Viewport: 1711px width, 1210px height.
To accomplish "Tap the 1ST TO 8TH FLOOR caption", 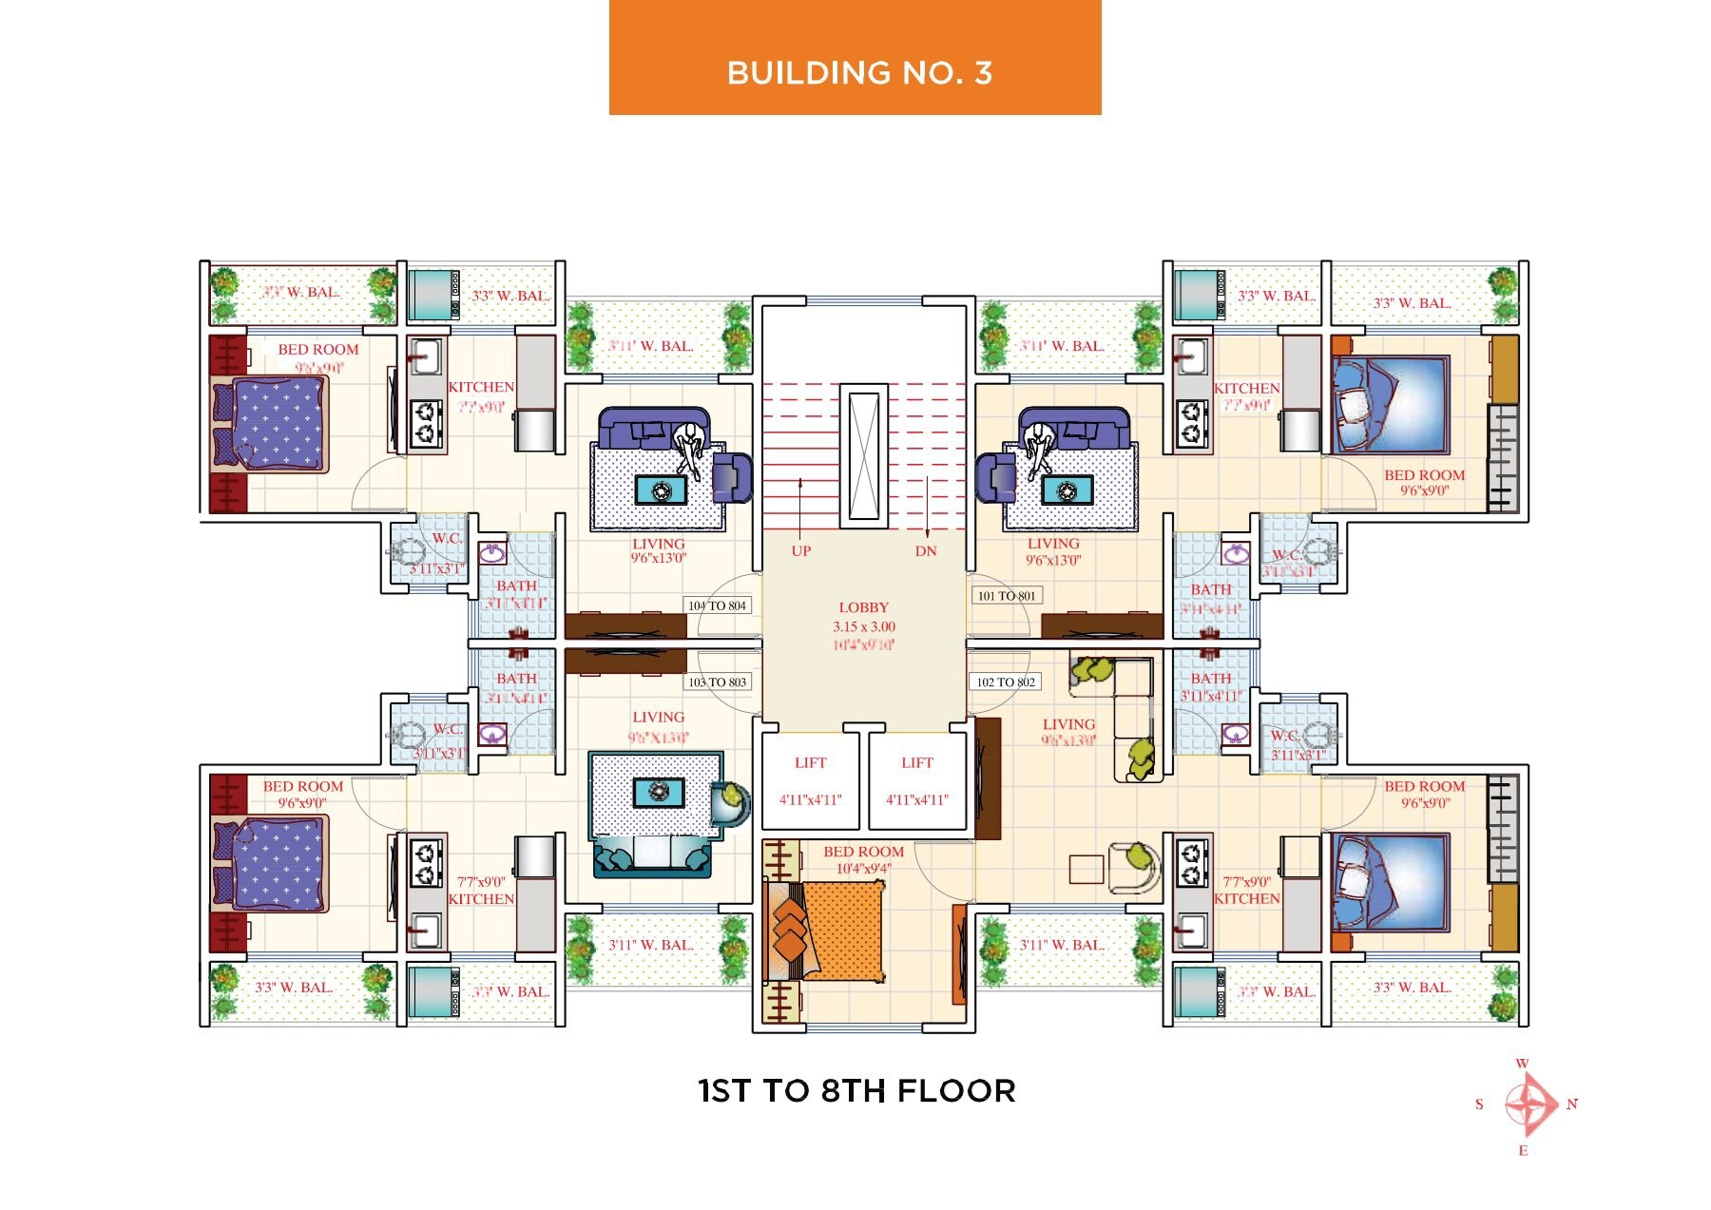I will tap(856, 1091).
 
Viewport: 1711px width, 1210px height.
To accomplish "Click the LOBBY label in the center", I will tap(863, 607).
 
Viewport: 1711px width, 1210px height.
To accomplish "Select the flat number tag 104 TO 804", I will tap(718, 605).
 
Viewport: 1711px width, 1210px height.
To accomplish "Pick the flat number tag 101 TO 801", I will tap(1007, 596).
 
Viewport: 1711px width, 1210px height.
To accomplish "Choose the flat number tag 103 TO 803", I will tap(718, 682).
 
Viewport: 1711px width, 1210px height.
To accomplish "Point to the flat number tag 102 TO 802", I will tap(1006, 682).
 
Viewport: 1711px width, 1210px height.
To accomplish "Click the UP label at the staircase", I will tap(801, 551).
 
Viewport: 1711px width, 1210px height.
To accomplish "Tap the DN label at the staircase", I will tap(926, 551).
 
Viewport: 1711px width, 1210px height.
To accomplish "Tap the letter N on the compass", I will tap(1572, 1104).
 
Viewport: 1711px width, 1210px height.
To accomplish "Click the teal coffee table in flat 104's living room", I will tap(661, 490).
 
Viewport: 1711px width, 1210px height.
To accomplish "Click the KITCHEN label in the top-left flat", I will tap(481, 388).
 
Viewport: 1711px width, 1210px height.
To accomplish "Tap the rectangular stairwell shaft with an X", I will tap(863, 455).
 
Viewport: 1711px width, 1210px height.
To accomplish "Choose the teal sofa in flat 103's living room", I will tap(652, 857).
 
